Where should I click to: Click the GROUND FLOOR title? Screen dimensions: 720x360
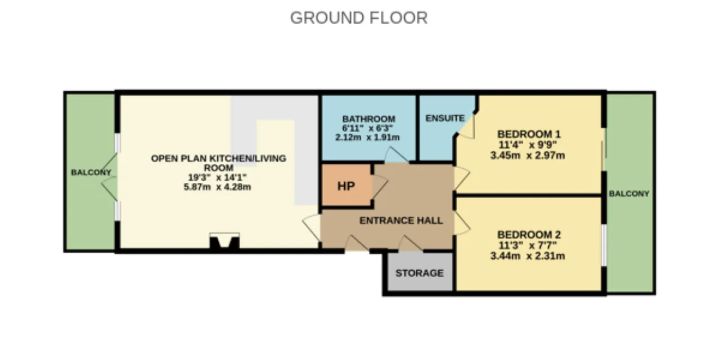coord(359,17)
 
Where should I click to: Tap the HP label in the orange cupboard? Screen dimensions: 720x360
coord(346,186)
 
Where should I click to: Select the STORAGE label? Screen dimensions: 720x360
coord(420,273)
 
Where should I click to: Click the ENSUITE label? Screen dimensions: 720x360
coord(445,118)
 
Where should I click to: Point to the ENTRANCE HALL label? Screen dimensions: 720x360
coord(401,220)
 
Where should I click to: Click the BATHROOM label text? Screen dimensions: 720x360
coord(368,119)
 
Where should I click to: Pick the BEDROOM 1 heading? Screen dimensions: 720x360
coord(529,134)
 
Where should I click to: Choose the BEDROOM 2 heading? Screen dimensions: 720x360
coord(529,235)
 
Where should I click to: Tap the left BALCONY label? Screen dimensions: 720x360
coord(91,172)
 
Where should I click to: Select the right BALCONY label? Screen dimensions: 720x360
coord(629,193)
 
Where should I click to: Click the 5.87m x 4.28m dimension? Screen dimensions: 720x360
coord(217,187)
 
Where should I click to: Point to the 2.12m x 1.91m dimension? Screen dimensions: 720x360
coord(367,138)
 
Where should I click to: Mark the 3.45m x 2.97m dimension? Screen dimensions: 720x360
coord(528,156)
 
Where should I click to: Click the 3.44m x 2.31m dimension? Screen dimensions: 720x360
coord(528,256)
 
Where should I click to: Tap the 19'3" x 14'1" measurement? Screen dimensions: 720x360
coord(217,177)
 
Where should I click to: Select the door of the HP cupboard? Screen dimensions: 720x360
coord(380,186)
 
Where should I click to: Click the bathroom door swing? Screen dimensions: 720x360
coord(397,155)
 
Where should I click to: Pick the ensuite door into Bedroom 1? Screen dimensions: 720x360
coord(467,127)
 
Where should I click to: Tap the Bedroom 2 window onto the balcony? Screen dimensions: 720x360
coord(604,245)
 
